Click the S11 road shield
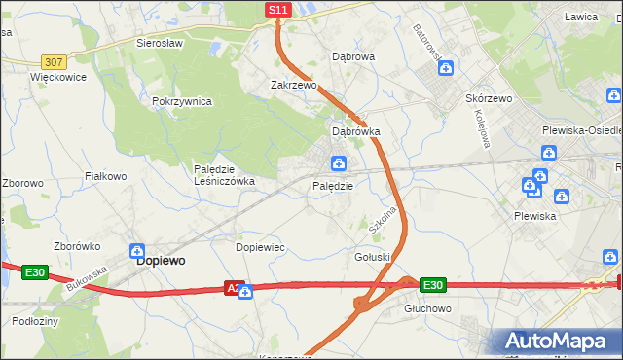[278, 10]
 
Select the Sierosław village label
[161, 44]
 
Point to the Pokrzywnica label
[182, 102]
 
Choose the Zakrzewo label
[294, 86]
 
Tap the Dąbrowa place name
[353, 57]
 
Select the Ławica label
[580, 17]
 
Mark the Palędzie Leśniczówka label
[224, 174]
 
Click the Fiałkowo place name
[106, 176]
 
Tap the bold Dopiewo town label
[162, 261]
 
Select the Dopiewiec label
[261, 247]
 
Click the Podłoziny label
[36, 320]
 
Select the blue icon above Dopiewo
[137, 250]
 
